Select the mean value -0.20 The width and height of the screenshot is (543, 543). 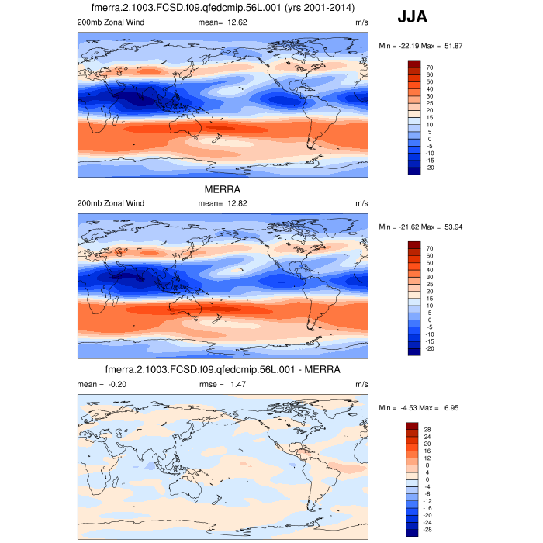coord(116,384)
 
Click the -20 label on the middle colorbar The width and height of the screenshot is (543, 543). coord(430,348)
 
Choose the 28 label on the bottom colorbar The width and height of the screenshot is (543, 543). coord(427,429)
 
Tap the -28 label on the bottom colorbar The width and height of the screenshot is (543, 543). coord(430,528)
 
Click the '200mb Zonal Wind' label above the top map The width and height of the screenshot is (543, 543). coord(111,22)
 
